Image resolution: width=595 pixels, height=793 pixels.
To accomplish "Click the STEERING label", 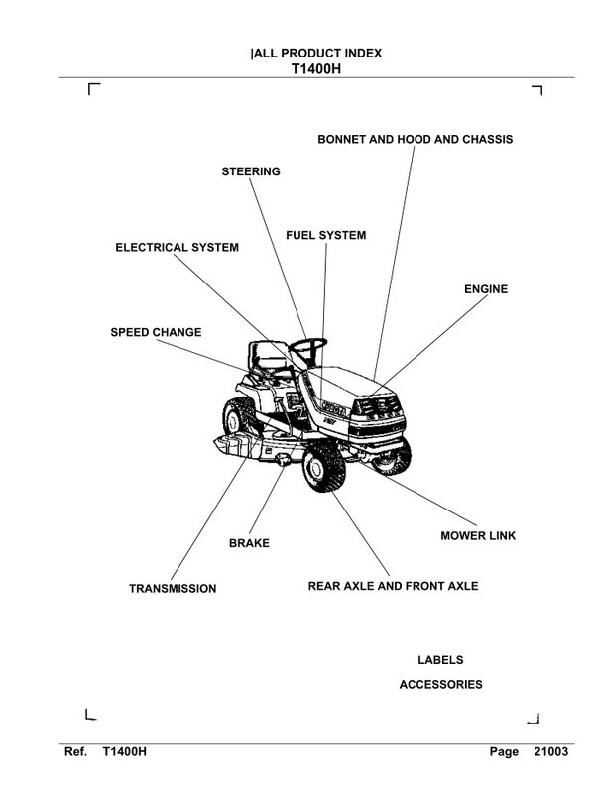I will point(250,171).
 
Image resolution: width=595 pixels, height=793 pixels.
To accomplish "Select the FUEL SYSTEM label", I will point(325,236).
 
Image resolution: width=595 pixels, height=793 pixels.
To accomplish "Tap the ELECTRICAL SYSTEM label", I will point(177,247).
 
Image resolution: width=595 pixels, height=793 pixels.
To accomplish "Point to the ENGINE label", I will point(486,289).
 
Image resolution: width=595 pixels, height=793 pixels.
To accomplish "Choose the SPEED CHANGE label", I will point(156,332).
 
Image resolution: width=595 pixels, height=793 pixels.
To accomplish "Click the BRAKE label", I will point(249,543).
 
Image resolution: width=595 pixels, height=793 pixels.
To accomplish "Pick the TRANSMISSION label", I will point(173,589).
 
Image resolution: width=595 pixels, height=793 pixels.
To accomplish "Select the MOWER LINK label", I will point(478,536).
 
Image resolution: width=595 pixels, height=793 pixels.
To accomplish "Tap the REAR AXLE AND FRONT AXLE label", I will point(393,586).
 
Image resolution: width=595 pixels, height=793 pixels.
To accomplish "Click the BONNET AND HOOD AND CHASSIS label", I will point(415,140).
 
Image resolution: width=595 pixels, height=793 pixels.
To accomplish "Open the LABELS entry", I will point(440,660).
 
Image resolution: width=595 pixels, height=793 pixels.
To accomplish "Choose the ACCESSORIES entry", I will point(440,685).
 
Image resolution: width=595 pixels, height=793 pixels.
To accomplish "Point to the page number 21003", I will point(549,752).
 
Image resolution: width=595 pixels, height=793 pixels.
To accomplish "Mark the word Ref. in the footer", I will point(77,752).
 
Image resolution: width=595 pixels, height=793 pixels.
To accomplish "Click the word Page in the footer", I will point(504,752).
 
